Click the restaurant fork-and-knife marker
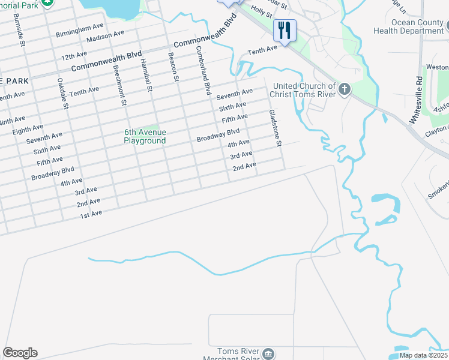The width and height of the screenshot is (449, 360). pos(284,29)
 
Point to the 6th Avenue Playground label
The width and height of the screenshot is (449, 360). pos(145,136)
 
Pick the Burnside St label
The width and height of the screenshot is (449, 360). pos(22,35)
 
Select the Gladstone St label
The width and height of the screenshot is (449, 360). pos(275,128)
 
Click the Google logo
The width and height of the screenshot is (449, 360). pos(20,353)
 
